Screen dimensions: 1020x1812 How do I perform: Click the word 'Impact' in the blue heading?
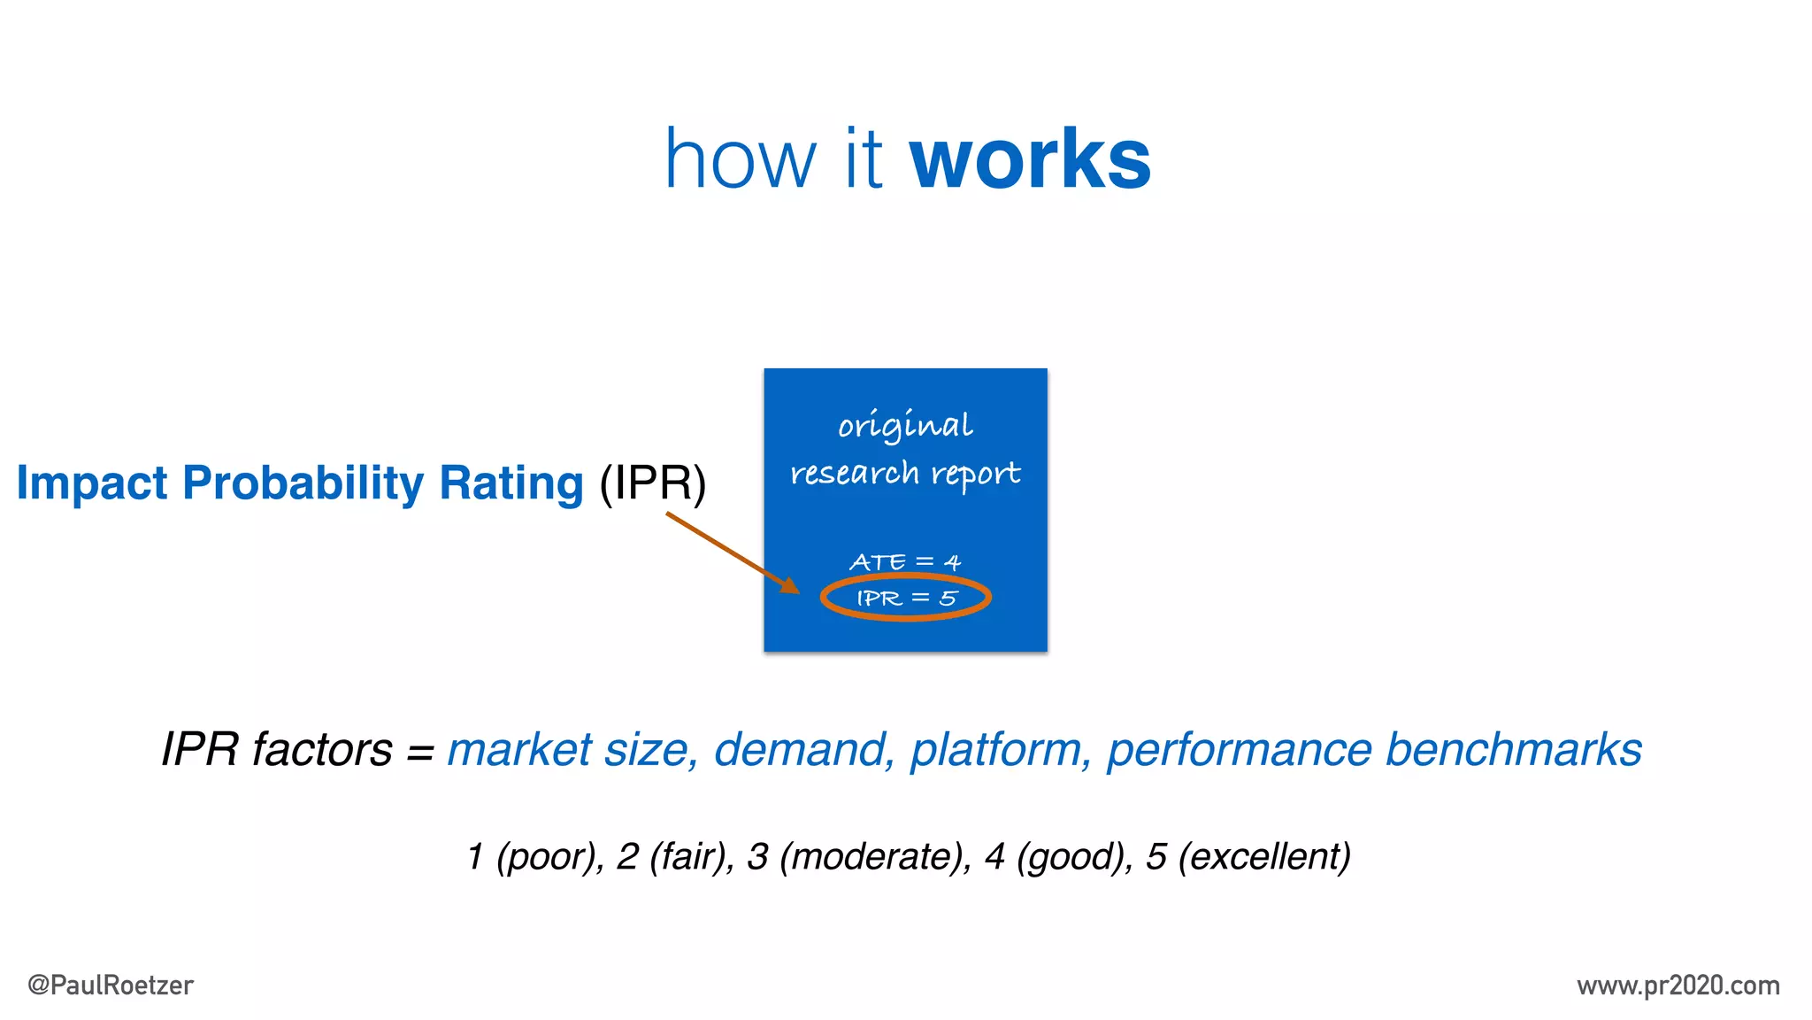(92, 483)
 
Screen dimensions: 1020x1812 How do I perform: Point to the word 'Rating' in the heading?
(511, 483)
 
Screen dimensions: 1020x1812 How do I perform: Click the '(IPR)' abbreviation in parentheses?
(653, 483)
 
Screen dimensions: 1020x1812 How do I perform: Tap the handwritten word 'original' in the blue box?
(905, 426)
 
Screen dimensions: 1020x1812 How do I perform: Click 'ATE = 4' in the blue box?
(905, 562)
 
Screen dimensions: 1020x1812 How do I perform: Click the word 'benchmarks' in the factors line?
(1513, 750)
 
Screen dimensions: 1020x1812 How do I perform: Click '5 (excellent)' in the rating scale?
(1248, 857)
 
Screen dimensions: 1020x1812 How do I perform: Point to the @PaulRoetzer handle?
(111, 985)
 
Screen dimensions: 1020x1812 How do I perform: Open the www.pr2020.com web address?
(1678, 985)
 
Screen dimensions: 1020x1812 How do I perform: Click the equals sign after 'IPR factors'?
(420, 753)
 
